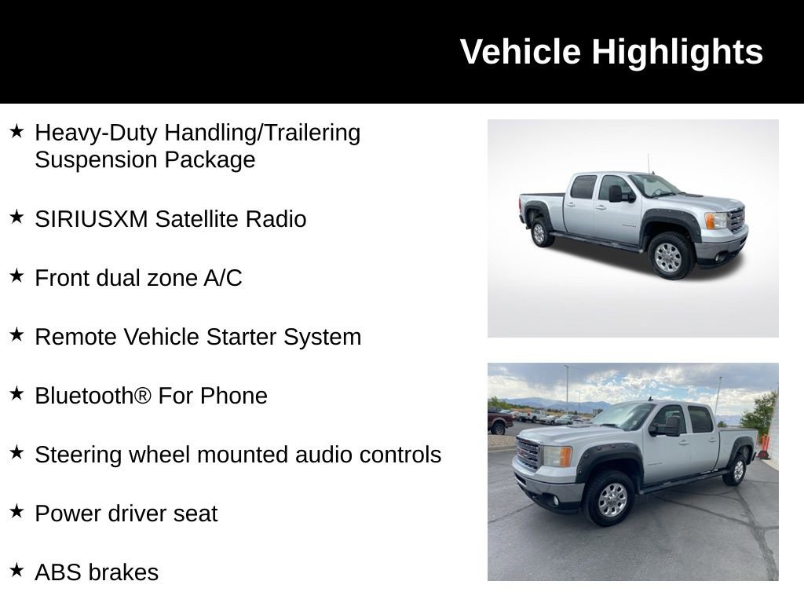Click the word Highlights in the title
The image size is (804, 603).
(677, 53)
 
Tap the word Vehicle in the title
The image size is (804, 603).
(521, 53)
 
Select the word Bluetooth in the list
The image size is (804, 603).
(84, 396)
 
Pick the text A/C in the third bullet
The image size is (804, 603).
(222, 278)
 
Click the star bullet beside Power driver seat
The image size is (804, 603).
(16, 511)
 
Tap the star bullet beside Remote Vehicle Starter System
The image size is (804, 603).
(16, 334)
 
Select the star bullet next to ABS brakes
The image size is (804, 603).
(16, 570)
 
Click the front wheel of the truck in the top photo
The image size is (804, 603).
(669, 257)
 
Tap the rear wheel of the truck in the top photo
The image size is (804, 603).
(539, 232)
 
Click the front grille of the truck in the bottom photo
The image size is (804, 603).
(528, 453)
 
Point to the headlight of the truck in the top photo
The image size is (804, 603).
(715, 220)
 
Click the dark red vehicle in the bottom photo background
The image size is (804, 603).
(499, 422)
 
